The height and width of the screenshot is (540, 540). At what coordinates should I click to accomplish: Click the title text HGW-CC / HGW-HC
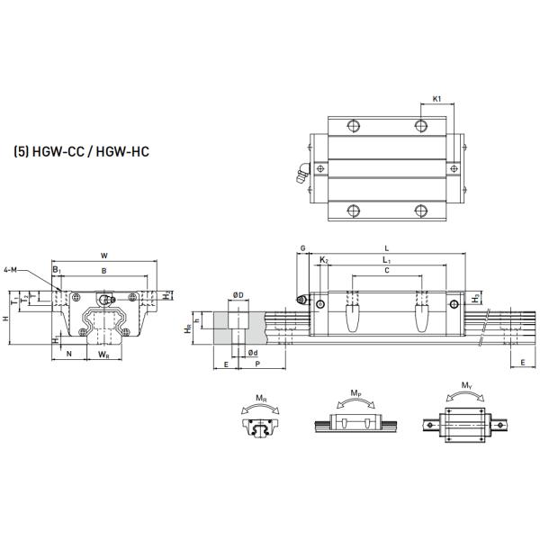(82, 152)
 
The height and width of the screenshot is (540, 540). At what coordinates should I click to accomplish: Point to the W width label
(104, 255)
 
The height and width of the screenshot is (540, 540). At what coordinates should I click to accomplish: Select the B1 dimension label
(57, 270)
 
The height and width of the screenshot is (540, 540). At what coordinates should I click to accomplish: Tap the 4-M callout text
(11, 269)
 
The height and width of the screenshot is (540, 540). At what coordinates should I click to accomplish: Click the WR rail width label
(103, 354)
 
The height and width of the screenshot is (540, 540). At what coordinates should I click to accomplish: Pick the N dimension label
(69, 354)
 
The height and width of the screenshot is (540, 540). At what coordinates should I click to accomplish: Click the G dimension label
(302, 247)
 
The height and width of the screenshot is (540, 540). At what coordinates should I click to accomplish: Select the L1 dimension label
(387, 259)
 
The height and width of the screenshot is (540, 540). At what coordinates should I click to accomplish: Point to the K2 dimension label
(324, 259)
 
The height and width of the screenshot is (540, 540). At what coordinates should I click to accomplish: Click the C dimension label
(386, 270)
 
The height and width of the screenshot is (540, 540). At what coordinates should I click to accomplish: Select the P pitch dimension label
(257, 364)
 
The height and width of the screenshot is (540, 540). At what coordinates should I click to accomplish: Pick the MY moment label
(465, 386)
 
